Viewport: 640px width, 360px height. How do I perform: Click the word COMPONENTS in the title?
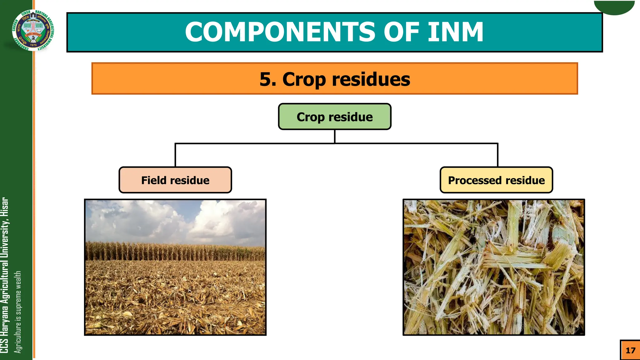(280, 32)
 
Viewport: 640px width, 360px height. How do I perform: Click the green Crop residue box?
(334, 117)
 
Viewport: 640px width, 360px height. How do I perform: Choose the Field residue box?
(175, 180)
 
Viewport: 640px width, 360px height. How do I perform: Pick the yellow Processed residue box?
(496, 180)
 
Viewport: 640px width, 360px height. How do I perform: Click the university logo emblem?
(33, 30)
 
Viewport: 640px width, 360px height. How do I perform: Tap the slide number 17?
(630, 350)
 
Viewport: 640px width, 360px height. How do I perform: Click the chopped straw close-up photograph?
(493, 267)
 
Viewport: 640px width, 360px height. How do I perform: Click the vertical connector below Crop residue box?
(335, 137)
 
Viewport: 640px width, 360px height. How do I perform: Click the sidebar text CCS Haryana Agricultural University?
(4, 275)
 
